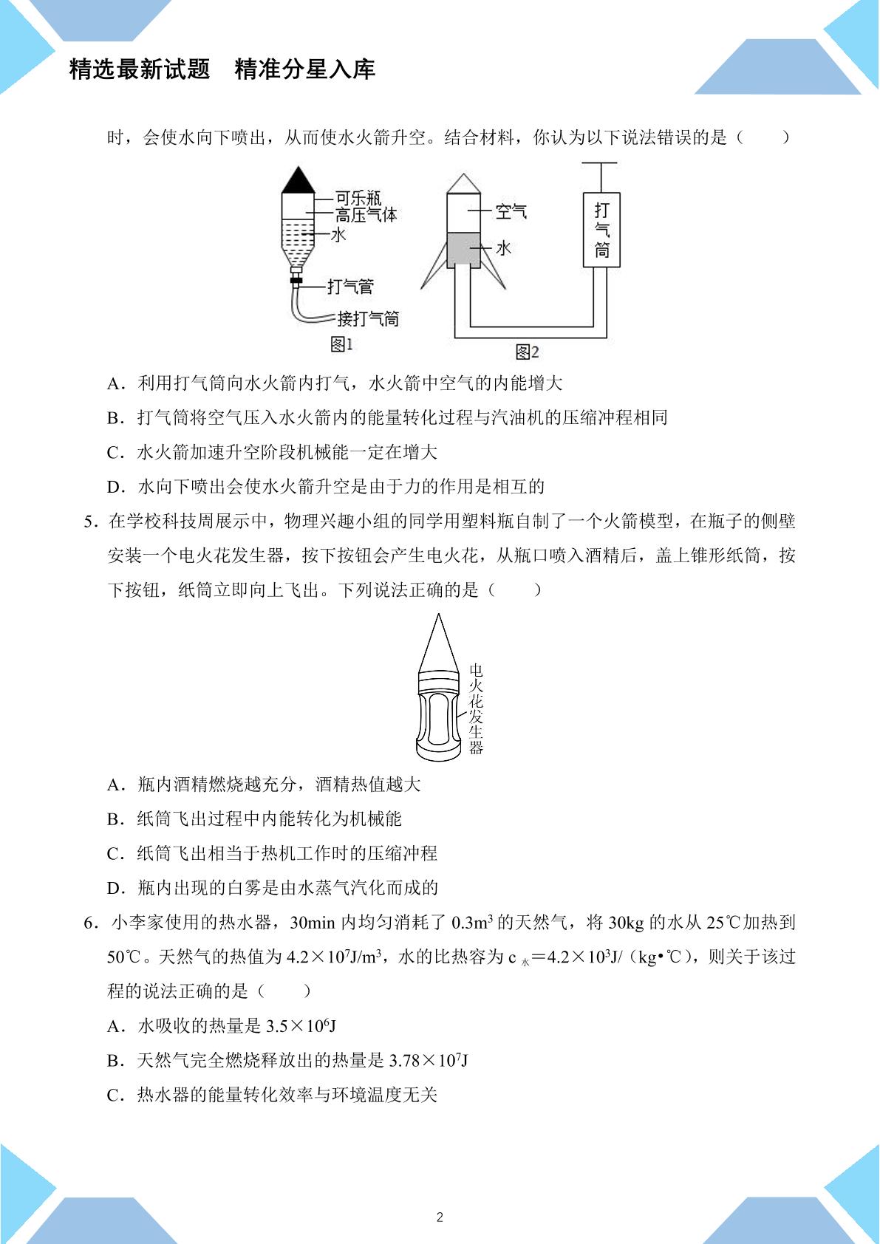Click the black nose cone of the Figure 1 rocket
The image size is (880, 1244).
pos(299,180)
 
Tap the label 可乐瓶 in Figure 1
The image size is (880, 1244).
pos(358,198)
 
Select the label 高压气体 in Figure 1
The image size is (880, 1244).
pos(366,214)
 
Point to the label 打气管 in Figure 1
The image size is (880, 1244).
pos(350,286)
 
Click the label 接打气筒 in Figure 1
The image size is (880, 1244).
pos(368,318)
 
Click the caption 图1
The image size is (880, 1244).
pos(341,344)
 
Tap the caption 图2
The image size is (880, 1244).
pos(528,352)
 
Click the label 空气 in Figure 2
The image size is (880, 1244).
pos(511,211)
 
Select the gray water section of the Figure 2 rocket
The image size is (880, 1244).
pos(463,250)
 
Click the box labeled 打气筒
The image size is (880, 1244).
pos(601,230)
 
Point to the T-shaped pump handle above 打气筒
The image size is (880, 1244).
pos(599,177)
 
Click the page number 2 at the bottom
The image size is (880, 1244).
pos(440,1217)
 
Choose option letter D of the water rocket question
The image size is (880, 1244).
pos(115,487)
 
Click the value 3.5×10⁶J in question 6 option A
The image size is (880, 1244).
pos(301,1026)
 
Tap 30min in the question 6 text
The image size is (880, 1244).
pos(313,923)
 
